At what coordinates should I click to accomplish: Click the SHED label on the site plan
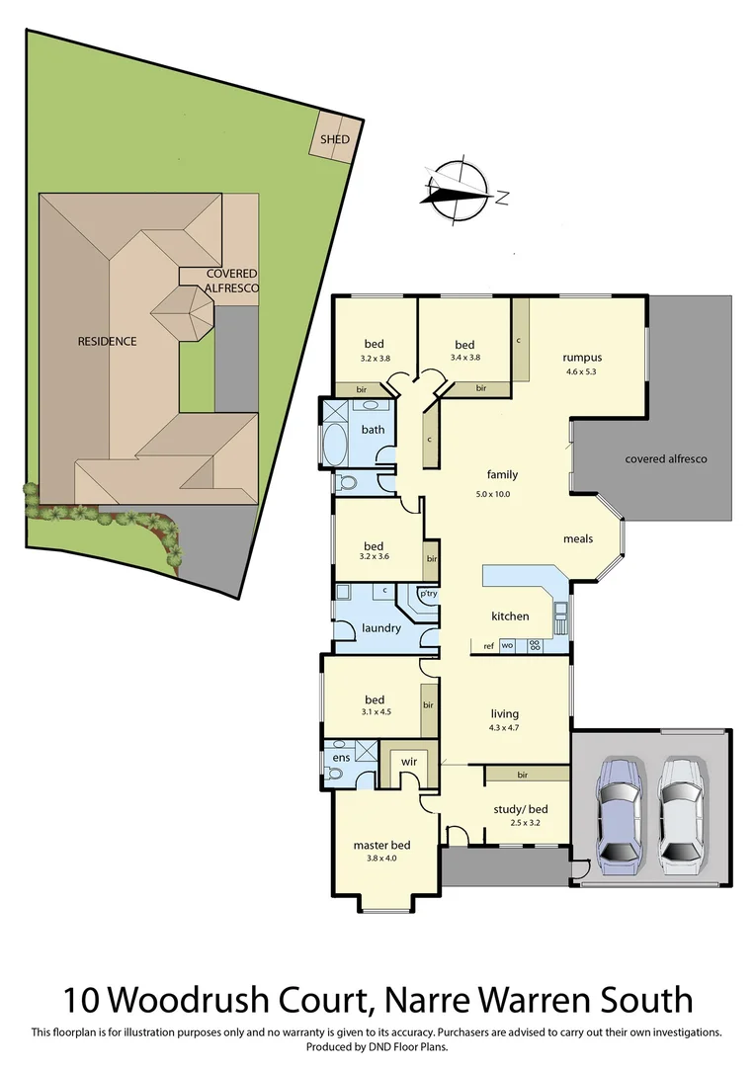coord(334,140)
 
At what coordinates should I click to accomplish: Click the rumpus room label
coord(582,358)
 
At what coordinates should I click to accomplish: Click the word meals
coord(577,539)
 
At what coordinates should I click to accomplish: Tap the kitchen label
coord(510,616)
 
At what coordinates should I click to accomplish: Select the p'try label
coord(428,595)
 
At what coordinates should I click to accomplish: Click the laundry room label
coord(380,627)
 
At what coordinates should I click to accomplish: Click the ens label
coord(341,758)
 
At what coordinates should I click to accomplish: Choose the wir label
coord(407,763)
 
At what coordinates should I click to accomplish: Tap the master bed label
coord(381,846)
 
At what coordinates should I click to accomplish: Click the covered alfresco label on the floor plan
coord(666,459)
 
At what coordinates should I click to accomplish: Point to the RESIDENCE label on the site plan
coord(108,342)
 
